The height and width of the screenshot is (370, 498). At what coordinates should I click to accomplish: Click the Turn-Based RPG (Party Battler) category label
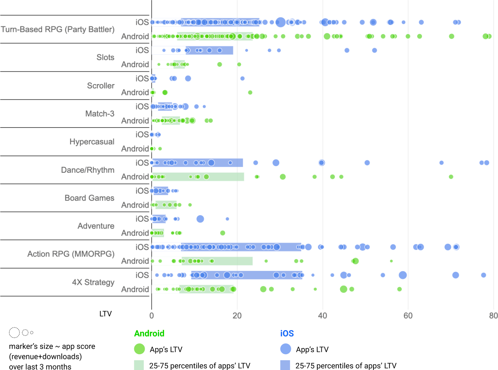pyautogui.click(x=57, y=29)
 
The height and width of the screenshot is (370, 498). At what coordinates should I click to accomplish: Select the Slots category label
pyautogui.click(x=105, y=57)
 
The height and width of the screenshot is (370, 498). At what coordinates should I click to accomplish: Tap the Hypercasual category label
pyautogui.click(x=92, y=142)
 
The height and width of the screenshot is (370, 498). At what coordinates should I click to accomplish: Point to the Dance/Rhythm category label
pyautogui.click(x=88, y=170)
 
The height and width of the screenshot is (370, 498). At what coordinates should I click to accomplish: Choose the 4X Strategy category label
pyautogui.click(x=93, y=282)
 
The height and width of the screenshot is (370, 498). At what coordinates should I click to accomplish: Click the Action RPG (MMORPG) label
pyautogui.click(x=71, y=254)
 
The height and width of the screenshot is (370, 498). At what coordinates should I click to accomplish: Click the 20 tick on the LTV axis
pyautogui.click(x=237, y=316)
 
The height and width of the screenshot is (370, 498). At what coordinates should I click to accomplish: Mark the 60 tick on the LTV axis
pyautogui.click(x=408, y=316)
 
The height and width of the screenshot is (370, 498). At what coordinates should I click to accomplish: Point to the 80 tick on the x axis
pyautogui.click(x=493, y=316)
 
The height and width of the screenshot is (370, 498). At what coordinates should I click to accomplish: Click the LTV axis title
pyautogui.click(x=106, y=314)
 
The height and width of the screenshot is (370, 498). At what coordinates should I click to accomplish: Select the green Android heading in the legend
pyautogui.click(x=149, y=333)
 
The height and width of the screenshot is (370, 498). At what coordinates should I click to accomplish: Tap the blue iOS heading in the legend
pyautogui.click(x=287, y=333)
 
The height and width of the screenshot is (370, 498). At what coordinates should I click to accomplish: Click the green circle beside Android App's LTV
pyautogui.click(x=139, y=349)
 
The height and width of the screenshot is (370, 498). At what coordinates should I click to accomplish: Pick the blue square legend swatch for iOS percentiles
pyautogui.click(x=285, y=365)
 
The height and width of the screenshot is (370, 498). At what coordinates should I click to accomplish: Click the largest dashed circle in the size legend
pyautogui.click(x=14, y=333)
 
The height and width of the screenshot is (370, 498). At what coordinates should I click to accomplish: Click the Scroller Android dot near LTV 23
pyautogui.click(x=250, y=93)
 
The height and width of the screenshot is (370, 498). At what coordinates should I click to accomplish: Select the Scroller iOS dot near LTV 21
pyautogui.click(x=242, y=78)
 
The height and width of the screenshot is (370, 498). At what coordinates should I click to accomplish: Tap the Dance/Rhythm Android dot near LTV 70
pyautogui.click(x=451, y=177)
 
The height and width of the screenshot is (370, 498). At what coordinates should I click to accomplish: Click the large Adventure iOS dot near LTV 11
pyautogui.click(x=200, y=219)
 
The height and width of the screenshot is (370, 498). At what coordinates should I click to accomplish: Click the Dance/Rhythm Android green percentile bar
pyautogui.click(x=223, y=177)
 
